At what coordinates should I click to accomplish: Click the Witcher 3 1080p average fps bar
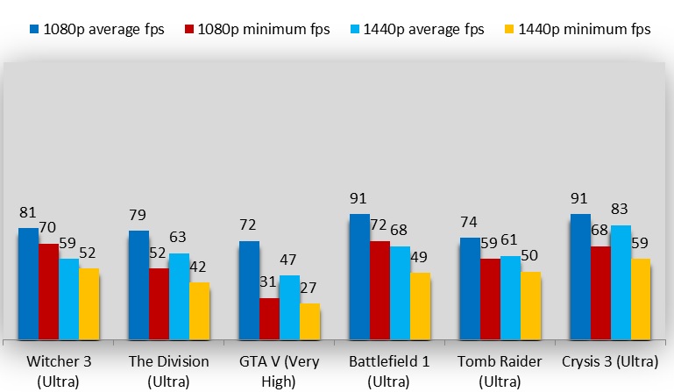tap(28, 283)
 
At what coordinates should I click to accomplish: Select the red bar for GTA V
tap(269, 318)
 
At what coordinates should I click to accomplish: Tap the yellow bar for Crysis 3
tap(641, 298)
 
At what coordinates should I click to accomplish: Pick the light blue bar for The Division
tap(179, 296)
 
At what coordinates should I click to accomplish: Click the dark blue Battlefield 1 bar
tap(359, 276)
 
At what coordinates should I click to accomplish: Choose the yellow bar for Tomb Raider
tap(530, 305)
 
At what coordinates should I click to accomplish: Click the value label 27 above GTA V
tap(309, 289)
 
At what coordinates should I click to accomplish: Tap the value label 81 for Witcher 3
tap(28, 213)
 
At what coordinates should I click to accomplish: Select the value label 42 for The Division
tap(200, 267)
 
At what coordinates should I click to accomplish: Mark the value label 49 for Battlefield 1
tap(421, 257)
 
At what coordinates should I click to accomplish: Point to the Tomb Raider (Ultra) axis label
tap(500, 371)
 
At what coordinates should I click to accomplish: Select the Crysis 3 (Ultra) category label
tap(611, 361)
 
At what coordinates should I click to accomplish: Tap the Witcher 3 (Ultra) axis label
tap(59, 371)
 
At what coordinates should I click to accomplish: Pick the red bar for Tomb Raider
tap(490, 299)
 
